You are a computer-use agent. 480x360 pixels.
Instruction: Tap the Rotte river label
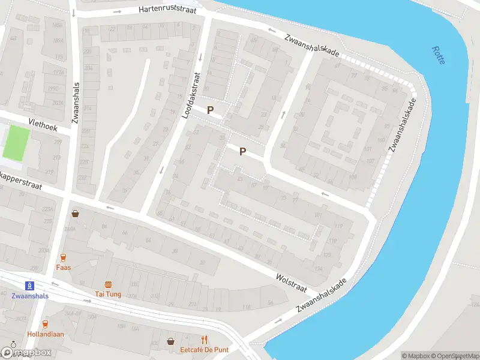[439, 56]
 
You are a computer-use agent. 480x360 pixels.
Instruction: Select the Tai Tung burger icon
[108, 284]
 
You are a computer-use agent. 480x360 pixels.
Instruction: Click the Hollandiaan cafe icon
[46, 323]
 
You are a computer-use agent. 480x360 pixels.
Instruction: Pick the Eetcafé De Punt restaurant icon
[204, 340]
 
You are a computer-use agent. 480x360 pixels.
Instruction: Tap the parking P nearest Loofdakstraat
[210, 110]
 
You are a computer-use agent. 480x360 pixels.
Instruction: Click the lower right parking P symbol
[242, 152]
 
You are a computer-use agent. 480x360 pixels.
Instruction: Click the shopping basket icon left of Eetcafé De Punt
[172, 341]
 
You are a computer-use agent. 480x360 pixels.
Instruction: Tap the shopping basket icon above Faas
[76, 213]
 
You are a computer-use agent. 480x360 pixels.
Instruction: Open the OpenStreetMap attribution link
[453, 356]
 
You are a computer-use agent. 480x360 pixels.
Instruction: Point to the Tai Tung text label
[108, 294]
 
